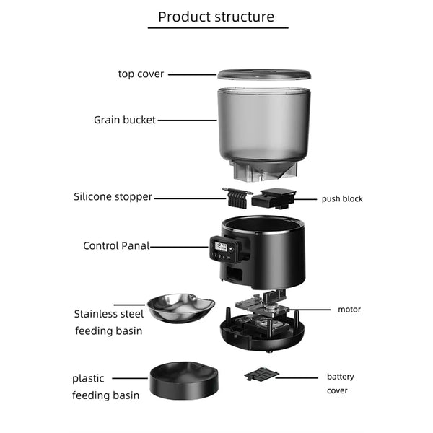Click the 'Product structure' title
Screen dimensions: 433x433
pyautogui.click(x=216, y=17)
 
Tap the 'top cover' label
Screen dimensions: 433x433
pyautogui.click(x=141, y=74)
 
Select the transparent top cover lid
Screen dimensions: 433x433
pyautogui.click(x=264, y=74)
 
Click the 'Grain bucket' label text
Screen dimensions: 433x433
pyautogui.click(x=125, y=120)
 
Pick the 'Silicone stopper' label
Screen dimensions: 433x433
pyautogui.click(x=113, y=196)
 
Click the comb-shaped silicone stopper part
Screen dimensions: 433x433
pyautogui.click(x=237, y=197)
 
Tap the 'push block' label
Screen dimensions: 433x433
pyautogui.click(x=342, y=199)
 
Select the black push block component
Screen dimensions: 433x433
pyautogui.click(x=274, y=199)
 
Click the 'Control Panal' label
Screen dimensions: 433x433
pyautogui.click(x=116, y=246)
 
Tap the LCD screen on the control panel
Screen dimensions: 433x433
pyautogui.click(x=221, y=247)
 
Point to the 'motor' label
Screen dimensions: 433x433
pyautogui.click(x=349, y=310)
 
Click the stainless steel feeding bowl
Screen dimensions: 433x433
pyautogui.click(x=181, y=308)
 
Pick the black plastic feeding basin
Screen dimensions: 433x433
pyautogui.click(x=184, y=380)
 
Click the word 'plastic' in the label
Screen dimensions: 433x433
pyautogui.click(x=88, y=379)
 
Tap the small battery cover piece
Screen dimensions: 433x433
pyautogui.click(x=261, y=374)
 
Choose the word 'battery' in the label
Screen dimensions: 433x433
pyautogui.click(x=340, y=377)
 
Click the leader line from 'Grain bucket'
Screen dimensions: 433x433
pyautogui.click(x=187, y=121)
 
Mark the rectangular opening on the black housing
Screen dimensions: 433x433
pyautogui.click(x=235, y=273)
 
